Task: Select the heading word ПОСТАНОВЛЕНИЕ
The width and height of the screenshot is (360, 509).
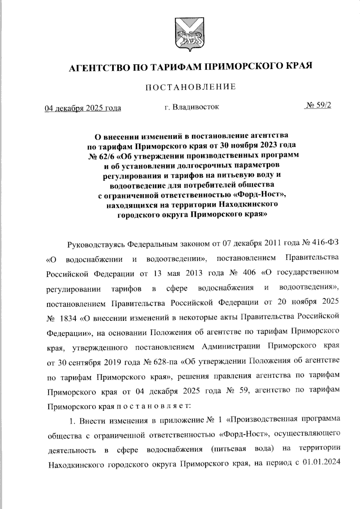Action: pyautogui.click(x=191, y=87)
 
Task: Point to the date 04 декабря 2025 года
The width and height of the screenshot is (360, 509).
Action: pyautogui.click(x=83, y=108)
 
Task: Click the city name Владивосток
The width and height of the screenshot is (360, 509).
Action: pyautogui.click(x=196, y=107)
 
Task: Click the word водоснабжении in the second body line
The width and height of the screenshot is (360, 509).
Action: pyautogui.click(x=94, y=259)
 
